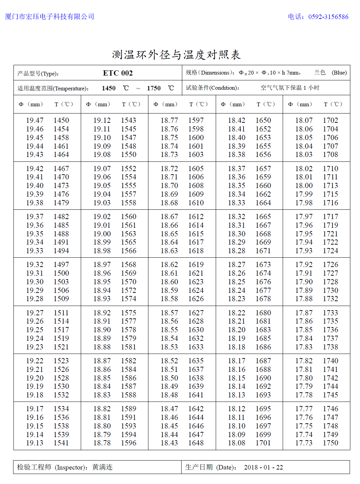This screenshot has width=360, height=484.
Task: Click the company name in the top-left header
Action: (50, 17)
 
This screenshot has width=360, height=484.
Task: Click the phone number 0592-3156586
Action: (328, 17)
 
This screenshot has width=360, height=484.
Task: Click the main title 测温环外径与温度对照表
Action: (176, 55)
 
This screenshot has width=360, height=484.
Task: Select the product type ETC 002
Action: (118, 73)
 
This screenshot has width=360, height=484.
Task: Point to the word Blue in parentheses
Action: (339, 72)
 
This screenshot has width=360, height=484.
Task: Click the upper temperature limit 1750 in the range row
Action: (154, 88)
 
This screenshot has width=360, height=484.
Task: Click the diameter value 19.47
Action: (35, 120)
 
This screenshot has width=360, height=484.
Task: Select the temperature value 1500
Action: (61, 273)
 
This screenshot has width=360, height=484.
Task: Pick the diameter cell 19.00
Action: (102, 234)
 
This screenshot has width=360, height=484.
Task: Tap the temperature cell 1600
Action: (196, 138)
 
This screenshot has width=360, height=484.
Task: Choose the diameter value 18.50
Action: (169, 378)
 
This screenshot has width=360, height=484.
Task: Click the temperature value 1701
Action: (263, 443)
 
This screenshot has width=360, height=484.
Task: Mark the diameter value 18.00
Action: (304, 186)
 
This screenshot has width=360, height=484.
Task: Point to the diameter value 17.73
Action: (304, 443)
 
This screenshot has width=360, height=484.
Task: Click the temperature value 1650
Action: (263, 120)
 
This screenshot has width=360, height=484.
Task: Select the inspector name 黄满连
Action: (102, 467)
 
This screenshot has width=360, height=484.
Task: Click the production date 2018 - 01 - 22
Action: (263, 467)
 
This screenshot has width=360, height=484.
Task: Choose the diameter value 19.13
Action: (35, 443)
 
